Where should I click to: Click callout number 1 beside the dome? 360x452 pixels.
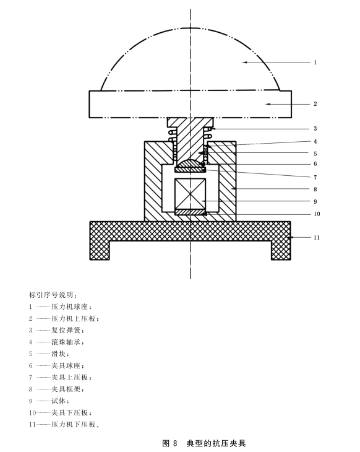point(315,63)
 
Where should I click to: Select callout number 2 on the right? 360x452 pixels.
point(315,104)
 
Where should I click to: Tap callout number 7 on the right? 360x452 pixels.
point(315,177)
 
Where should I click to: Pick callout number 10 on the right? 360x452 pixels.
point(317,214)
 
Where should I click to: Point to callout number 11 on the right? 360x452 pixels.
point(317,238)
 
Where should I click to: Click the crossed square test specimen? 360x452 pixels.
point(190,194)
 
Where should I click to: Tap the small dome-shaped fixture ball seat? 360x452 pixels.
point(190,163)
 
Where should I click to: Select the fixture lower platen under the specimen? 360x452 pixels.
point(190,212)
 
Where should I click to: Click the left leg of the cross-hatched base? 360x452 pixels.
point(100,250)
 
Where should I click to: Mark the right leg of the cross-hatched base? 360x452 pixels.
point(281,250)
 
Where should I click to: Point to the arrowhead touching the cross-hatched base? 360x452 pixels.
point(293,237)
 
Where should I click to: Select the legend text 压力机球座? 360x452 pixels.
point(69,306)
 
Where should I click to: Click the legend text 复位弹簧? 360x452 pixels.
point(66,331)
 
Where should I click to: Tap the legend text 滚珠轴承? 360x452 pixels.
point(66,342)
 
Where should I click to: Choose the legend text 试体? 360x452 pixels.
point(59,401)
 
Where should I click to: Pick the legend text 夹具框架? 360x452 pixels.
point(66,389)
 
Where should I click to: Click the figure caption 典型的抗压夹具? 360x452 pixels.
point(216,443)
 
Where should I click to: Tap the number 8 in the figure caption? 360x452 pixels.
point(175,443)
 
